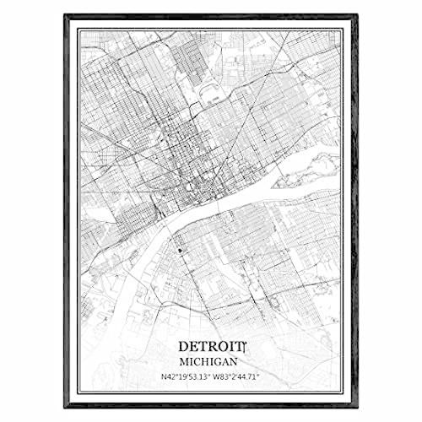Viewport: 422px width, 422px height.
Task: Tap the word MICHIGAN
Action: (210, 360)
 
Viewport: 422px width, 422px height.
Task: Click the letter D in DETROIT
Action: (183, 346)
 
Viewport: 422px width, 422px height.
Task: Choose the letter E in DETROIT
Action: (193, 346)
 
